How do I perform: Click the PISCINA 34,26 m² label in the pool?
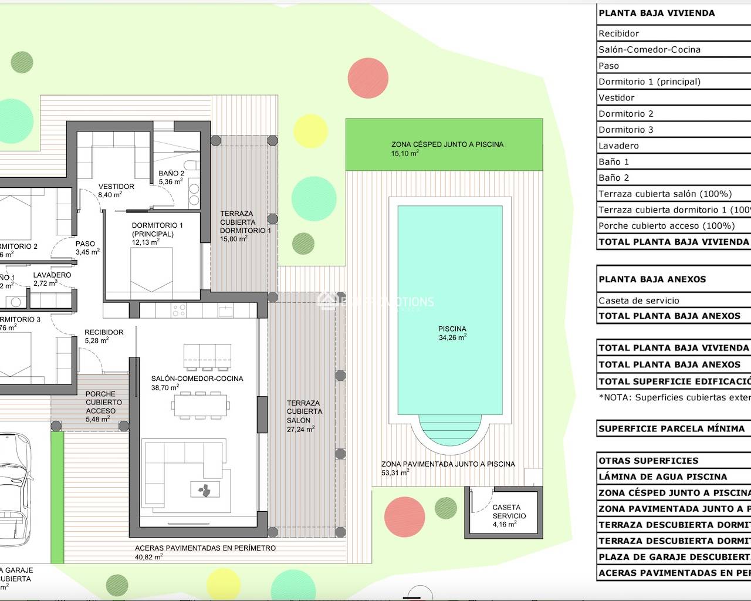452,333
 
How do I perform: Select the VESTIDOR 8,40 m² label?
116,190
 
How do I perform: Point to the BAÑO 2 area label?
171,177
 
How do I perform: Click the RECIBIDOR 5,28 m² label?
103,336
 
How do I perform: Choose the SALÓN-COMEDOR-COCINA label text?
197,383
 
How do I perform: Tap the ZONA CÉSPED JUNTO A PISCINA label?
447,148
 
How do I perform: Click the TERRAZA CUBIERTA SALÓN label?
303,416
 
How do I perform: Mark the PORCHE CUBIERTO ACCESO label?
104,406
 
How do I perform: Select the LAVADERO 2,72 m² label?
52,279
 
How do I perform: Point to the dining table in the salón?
199,404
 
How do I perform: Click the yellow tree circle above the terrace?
310,130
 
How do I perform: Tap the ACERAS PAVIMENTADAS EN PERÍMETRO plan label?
205,552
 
